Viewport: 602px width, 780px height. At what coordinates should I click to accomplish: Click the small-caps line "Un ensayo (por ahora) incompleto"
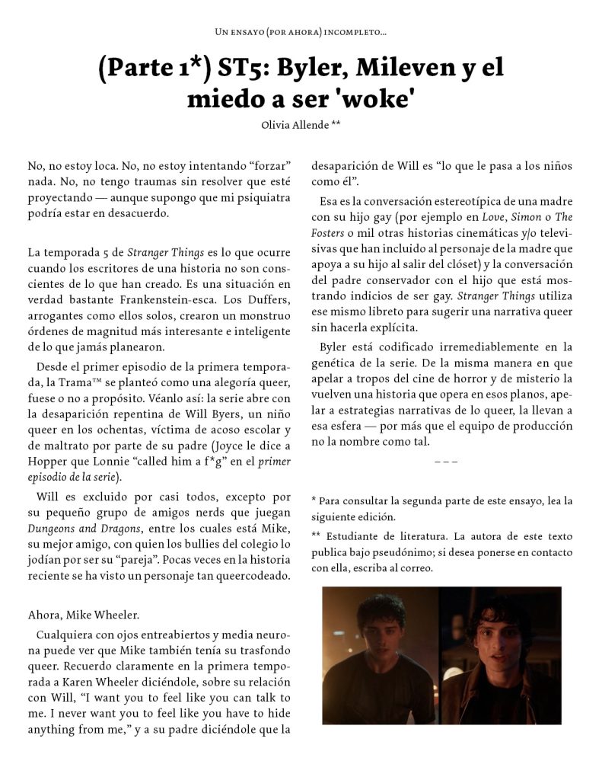(301, 33)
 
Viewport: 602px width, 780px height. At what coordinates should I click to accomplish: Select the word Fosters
(330, 232)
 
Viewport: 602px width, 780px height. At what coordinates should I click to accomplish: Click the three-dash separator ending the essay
(445, 461)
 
